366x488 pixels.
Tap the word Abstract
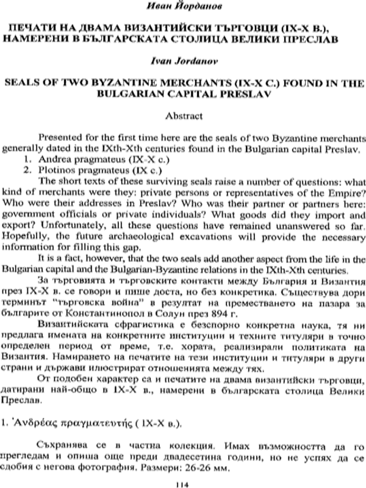[x=184, y=114]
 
